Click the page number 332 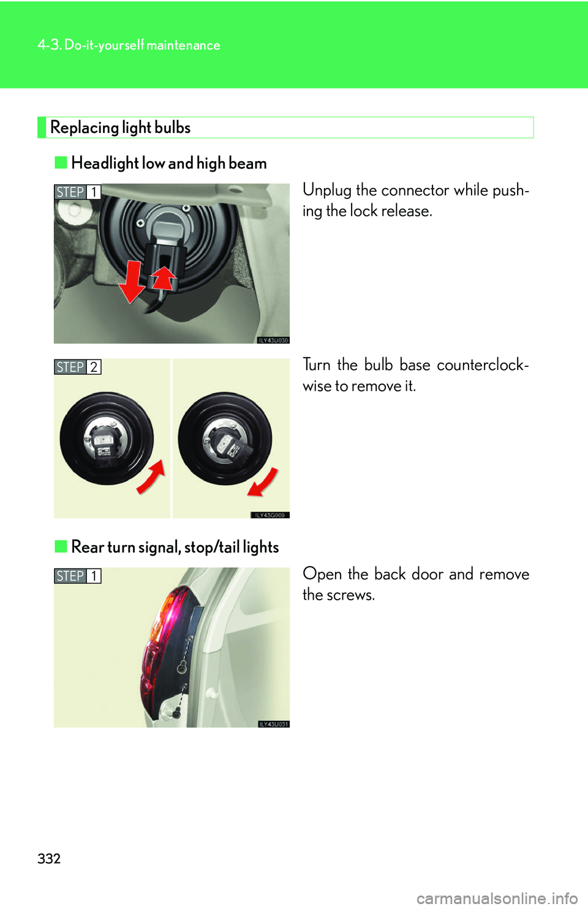coord(49,858)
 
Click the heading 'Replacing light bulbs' coord(120,127)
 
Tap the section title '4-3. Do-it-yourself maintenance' coord(129,45)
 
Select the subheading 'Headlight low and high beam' coord(169,163)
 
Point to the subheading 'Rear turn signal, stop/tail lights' coord(175,547)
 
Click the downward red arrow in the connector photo coord(132,282)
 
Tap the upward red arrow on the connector coord(164,277)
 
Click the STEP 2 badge coord(77,367)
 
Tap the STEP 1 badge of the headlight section coord(77,192)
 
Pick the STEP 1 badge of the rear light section coord(77,576)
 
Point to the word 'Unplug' coord(326,190)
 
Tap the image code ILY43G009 coord(269,515)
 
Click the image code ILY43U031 coord(273,724)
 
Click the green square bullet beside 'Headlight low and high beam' coord(61,163)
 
